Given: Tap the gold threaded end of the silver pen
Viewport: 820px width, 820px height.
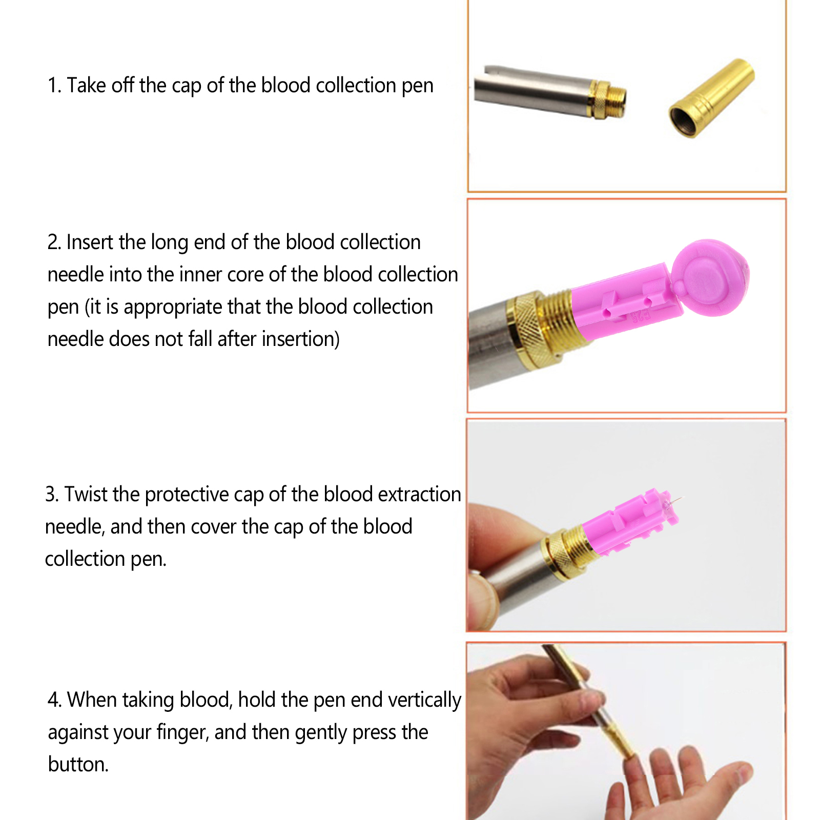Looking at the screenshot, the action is [x=610, y=99].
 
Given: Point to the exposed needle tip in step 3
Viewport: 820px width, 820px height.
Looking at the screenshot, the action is [x=678, y=499].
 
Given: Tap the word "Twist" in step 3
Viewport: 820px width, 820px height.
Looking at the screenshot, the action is [x=86, y=494].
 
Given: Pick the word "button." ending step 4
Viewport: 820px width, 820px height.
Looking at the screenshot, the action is [x=78, y=764].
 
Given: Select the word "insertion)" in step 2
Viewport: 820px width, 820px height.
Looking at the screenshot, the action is [x=301, y=339].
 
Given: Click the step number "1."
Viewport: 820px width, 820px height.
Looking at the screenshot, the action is [x=54, y=86].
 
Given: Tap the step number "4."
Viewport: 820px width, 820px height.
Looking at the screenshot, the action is [x=54, y=700].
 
